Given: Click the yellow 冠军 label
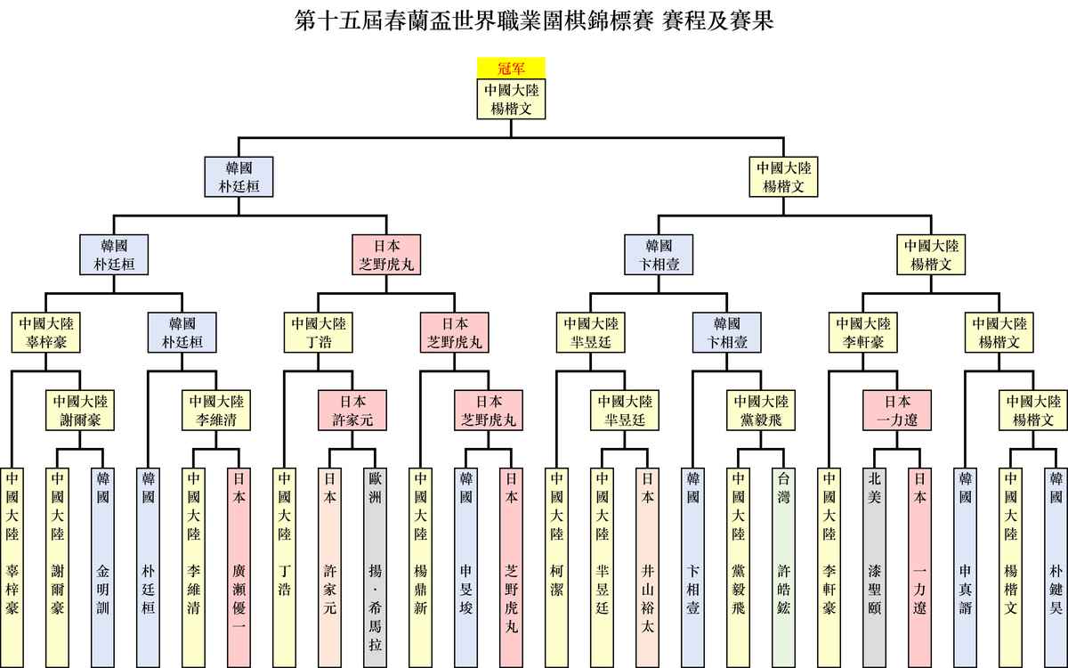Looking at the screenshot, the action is pyautogui.click(x=511, y=68).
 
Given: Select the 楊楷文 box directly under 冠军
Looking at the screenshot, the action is pyautogui.click(x=511, y=99).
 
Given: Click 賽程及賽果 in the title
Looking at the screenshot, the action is pyautogui.click(x=717, y=21).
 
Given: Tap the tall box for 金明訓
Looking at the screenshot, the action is pyautogui.click(x=102, y=568).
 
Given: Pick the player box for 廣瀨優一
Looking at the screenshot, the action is pyautogui.click(x=239, y=568).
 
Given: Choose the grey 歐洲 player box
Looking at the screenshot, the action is pyautogui.click(x=376, y=568).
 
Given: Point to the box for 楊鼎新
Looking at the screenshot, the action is pyautogui.click(x=420, y=568).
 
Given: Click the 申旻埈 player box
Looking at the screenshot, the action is pyautogui.click(x=465, y=568).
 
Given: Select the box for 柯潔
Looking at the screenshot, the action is pyautogui.click(x=557, y=568).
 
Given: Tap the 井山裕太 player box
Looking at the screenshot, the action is pyautogui.click(x=648, y=568).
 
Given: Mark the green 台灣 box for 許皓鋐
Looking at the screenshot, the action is pyautogui.click(x=784, y=568).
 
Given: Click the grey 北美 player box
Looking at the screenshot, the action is pyautogui.click(x=874, y=568).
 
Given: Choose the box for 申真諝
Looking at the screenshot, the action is pyautogui.click(x=966, y=568).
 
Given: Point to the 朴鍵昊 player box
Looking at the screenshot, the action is pyautogui.click(x=1056, y=568).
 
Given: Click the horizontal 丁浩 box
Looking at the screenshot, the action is pyautogui.click(x=319, y=332).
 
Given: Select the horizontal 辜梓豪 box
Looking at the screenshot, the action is pyautogui.click(x=45, y=332).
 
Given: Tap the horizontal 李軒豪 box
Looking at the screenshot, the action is pyautogui.click(x=863, y=332).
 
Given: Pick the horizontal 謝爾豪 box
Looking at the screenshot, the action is pyautogui.click(x=80, y=411).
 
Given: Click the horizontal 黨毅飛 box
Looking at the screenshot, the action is pyautogui.click(x=761, y=411).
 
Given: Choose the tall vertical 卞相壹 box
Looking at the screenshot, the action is pyautogui.click(x=692, y=568).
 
